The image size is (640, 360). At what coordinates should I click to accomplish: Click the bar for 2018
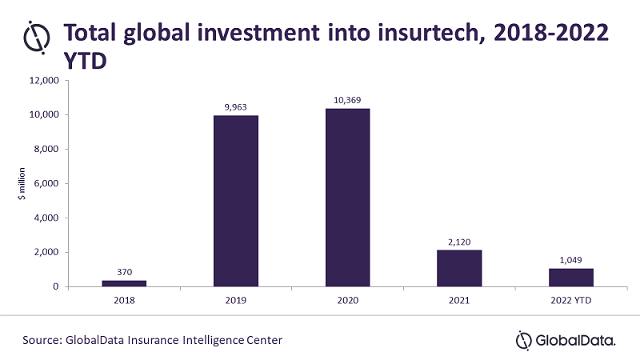click(124, 282)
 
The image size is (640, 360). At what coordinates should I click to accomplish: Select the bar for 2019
click(236, 201)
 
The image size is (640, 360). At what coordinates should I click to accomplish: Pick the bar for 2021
click(459, 268)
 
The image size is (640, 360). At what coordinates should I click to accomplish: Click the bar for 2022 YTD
click(570, 277)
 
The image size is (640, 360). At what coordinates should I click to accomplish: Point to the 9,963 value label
click(236, 107)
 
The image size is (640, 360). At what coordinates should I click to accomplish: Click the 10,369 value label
click(347, 100)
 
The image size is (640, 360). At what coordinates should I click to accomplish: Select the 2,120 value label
click(459, 242)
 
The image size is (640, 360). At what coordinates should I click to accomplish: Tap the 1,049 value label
click(570, 260)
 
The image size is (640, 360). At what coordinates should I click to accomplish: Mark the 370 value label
click(124, 272)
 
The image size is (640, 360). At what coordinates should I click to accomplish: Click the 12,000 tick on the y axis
click(45, 81)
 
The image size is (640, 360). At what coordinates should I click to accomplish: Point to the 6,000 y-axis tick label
click(47, 184)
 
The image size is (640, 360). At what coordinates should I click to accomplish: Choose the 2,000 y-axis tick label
click(47, 253)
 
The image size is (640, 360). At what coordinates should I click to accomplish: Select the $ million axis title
click(22, 184)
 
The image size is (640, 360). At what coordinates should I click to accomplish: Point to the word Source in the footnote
click(42, 340)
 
